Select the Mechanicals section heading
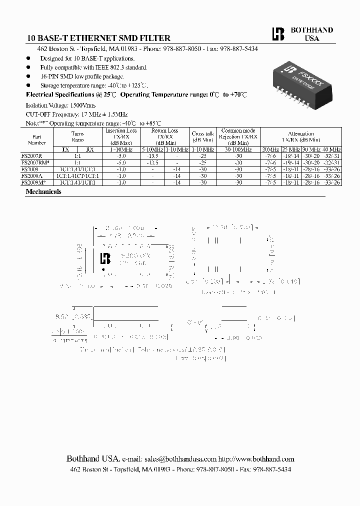tap(43, 191)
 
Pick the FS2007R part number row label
tap(35, 156)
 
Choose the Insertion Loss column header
tap(121, 136)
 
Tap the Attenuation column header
tap(301, 137)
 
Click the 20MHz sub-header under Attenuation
tap(270, 149)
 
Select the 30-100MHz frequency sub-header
tap(238, 149)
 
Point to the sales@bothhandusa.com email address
tap(180, 459)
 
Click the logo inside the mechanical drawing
tap(105, 258)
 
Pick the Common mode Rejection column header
tap(238, 136)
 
